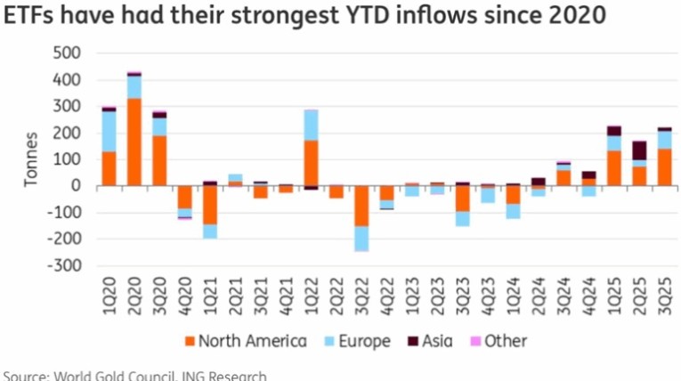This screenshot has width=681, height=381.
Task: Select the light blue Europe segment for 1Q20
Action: point(109,132)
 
